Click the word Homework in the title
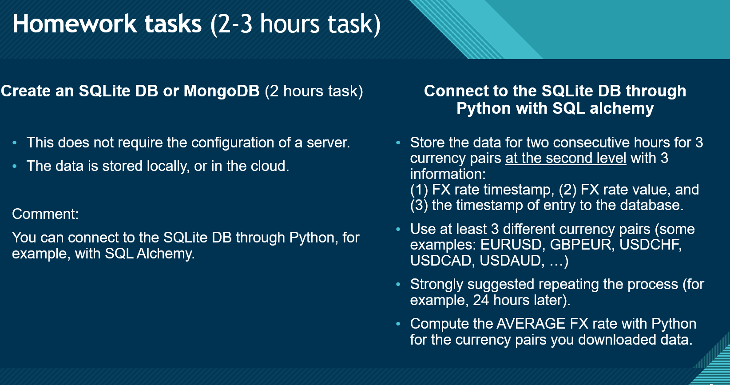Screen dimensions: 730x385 pos(75,24)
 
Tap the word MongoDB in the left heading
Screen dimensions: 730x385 pos(222,91)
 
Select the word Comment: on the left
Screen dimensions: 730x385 pos(45,214)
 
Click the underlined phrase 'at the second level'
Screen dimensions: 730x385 pos(566,158)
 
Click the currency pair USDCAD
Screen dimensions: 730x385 pos(443,261)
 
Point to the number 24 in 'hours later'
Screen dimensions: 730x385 pos(481,300)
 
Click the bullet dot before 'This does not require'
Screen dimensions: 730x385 pos(14,143)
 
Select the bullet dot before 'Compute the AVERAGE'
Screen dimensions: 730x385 pos(398,324)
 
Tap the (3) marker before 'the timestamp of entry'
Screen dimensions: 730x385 pos(419,205)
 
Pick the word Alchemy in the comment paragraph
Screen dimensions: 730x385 pos(165,254)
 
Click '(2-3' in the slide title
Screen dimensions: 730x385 pos(231,24)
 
